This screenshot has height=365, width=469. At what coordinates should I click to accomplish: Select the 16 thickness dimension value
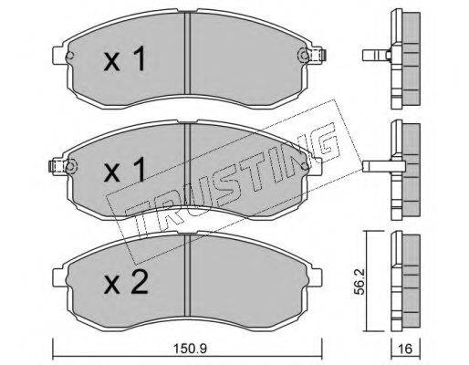tap(405, 349)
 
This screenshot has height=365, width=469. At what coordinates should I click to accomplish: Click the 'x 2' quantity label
tap(126, 282)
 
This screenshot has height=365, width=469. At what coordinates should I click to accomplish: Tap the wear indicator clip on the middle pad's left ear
tap(52, 167)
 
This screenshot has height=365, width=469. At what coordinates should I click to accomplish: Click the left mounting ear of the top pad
tap(60, 55)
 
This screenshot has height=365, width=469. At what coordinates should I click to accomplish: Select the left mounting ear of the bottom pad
tap(60, 277)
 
